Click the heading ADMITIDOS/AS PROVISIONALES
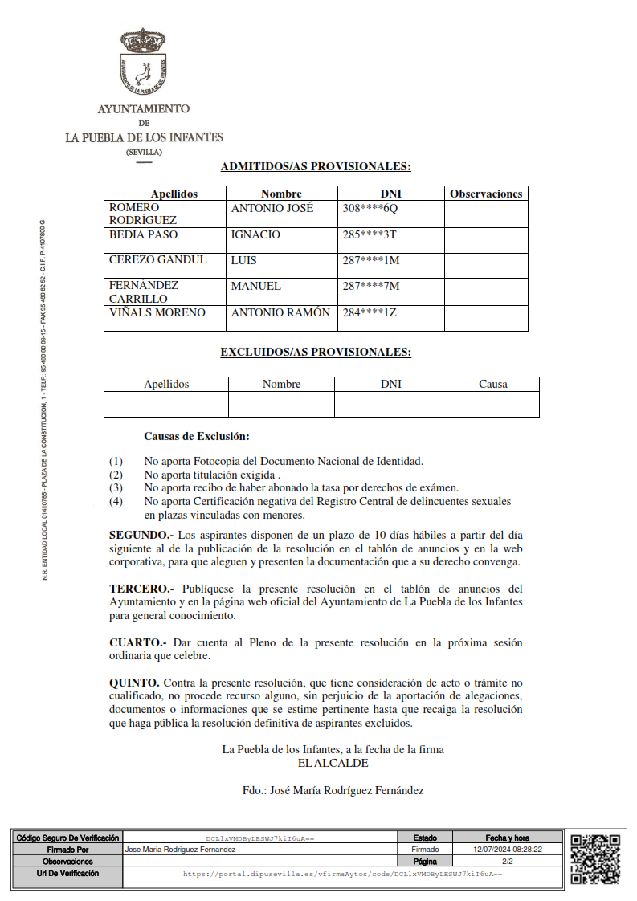(x=316, y=167)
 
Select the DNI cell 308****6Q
(x=370, y=208)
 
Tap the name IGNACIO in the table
(x=255, y=234)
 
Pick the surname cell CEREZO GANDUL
(x=157, y=259)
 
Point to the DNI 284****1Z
(x=370, y=312)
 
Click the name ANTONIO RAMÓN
(x=280, y=312)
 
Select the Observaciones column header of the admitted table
(x=486, y=194)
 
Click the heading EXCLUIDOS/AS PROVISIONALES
(x=316, y=352)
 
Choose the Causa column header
(x=492, y=384)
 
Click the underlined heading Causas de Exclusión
(x=197, y=436)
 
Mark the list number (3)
(x=116, y=487)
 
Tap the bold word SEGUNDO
(x=141, y=535)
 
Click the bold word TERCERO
(x=141, y=589)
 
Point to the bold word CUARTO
(x=138, y=642)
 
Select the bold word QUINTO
(x=134, y=683)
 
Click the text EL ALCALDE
(x=333, y=763)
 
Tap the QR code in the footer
(x=594, y=858)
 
